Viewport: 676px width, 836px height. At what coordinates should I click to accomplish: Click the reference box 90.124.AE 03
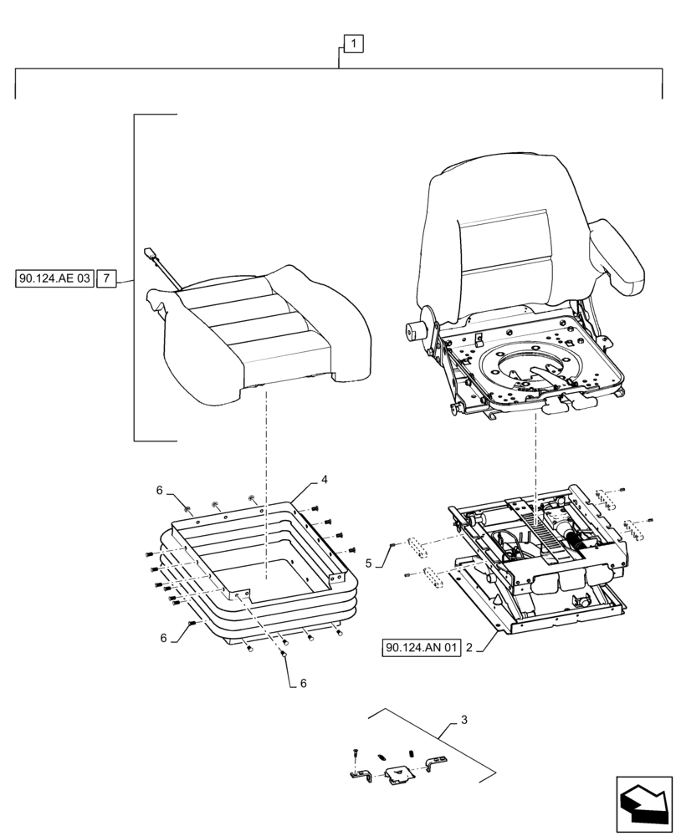[53, 278]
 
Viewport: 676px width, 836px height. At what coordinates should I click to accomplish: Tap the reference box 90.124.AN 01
[422, 648]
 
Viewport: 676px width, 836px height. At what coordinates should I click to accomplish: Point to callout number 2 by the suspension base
[470, 648]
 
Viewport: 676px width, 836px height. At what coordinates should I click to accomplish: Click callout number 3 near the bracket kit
[465, 720]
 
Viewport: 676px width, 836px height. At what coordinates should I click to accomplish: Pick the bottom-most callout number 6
[304, 683]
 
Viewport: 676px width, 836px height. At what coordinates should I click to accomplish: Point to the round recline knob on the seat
[413, 330]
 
